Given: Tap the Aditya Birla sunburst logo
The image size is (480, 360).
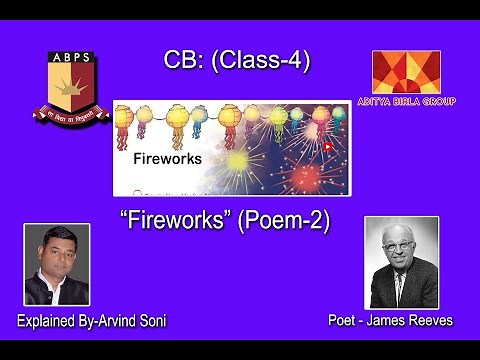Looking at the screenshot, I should (x=405, y=72).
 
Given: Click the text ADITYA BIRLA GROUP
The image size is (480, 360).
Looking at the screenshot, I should (x=405, y=101).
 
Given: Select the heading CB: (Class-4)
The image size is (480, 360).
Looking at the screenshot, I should (x=237, y=61).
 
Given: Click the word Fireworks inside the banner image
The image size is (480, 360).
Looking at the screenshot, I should (x=167, y=158).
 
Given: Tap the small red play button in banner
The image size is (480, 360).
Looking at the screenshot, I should (x=327, y=146).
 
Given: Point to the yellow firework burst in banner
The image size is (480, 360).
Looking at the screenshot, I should (x=238, y=161).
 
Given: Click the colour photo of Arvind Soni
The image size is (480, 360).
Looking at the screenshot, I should (x=56, y=264).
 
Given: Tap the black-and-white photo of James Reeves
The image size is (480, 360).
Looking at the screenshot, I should (x=401, y=262).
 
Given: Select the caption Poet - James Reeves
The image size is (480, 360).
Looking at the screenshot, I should (x=390, y=320).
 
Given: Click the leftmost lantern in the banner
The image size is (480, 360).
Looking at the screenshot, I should (x=125, y=120).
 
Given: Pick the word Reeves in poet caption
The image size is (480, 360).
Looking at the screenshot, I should (x=430, y=320).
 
